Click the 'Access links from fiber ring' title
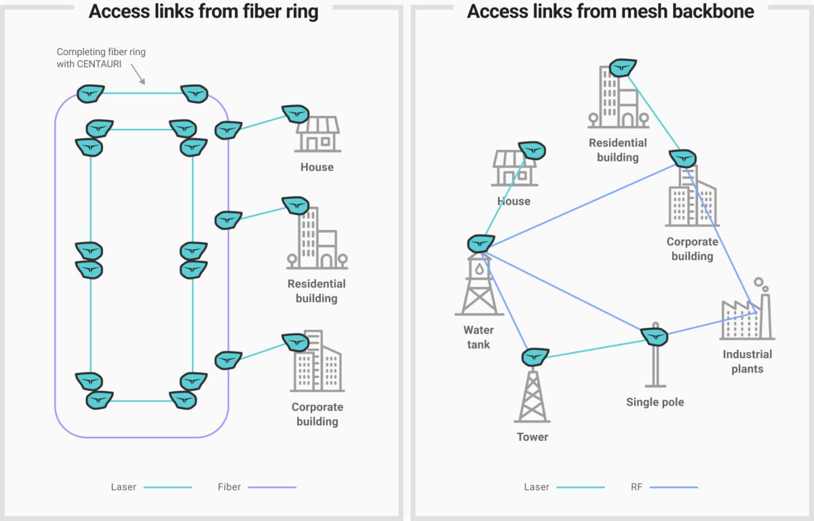[x=203, y=12]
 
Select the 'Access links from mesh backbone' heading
[x=610, y=12]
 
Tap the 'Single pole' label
[x=655, y=402]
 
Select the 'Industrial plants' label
[x=747, y=362]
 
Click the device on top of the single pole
[x=655, y=335]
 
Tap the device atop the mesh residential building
[x=622, y=68]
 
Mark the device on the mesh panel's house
[x=531, y=150]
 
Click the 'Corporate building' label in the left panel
[x=317, y=414]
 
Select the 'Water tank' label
[x=479, y=337]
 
